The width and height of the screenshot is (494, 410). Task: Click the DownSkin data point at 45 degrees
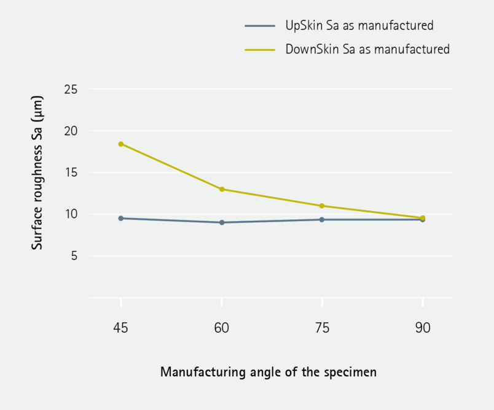point(121,144)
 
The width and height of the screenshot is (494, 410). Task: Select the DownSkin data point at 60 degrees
point(222,189)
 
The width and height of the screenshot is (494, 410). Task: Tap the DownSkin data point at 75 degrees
point(322,206)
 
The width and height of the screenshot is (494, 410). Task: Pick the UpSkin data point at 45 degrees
point(121,219)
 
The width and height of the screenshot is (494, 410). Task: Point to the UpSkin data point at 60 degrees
point(222,222)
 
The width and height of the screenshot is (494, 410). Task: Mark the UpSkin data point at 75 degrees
point(322,220)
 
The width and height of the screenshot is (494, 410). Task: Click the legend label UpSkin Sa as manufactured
point(359,26)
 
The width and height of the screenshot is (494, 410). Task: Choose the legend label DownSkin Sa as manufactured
point(367,49)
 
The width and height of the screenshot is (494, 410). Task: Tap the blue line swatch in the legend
point(259,26)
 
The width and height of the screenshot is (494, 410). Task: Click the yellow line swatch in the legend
point(259,49)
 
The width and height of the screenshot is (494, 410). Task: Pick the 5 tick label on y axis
point(74,256)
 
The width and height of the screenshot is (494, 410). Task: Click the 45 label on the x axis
point(121,328)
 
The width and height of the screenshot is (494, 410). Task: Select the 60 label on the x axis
point(222,328)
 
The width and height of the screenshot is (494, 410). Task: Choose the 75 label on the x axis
point(322,328)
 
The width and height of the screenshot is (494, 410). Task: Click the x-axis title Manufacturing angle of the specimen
point(268,372)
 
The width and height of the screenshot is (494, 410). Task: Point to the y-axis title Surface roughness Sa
point(38,172)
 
